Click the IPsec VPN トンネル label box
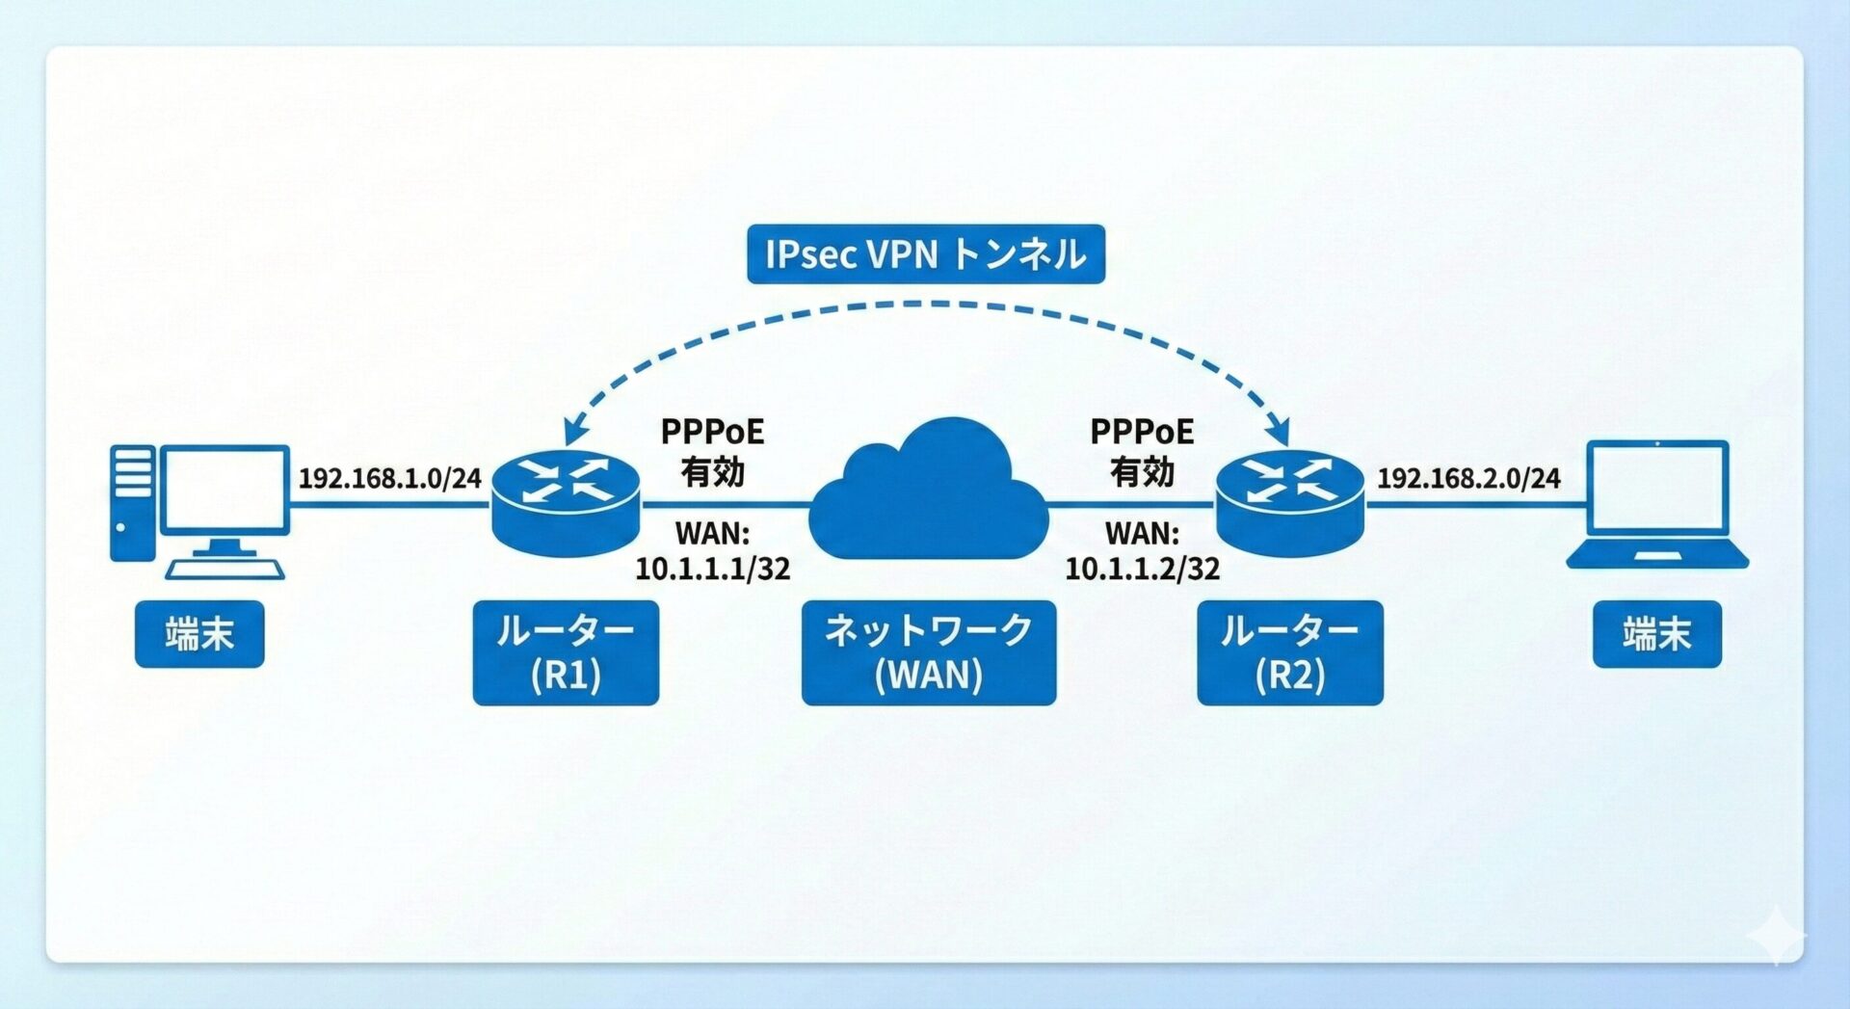pyautogui.click(x=925, y=254)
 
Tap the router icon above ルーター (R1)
pyautogui.click(x=566, y=501)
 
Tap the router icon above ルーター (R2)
pyautogui.click(x=1289, y=501)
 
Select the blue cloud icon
pyautogui.click(x=927, y=496)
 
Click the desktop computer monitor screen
pyautogui.click(x=224, y=489)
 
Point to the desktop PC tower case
pyautogui.click(x=132, y=501)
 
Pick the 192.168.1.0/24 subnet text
pyautogui.click(x=389, y=478)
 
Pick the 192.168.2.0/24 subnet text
pyautogui.click(x=1467, y=478)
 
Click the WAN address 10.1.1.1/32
pyautogui.click(x=712, y=569)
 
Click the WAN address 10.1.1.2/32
pyautogui.click(x=1142, y=569)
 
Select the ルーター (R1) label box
pyautogui.click(x=566, y=652)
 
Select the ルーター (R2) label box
pyautogui.click(x=1289, y=652)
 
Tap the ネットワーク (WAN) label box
pyautogui.click(x=928, y=652)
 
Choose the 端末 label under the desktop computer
pyautogui.click(x=199, y=634)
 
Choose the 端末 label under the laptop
pyautogui.click(x=1656, y=634)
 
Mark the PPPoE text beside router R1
pyautogui.click(x=712, y=432)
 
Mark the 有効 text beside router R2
pyautogui.click(x=1142, y=472)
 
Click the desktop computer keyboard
pyautogui.click(x=225, y=570)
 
